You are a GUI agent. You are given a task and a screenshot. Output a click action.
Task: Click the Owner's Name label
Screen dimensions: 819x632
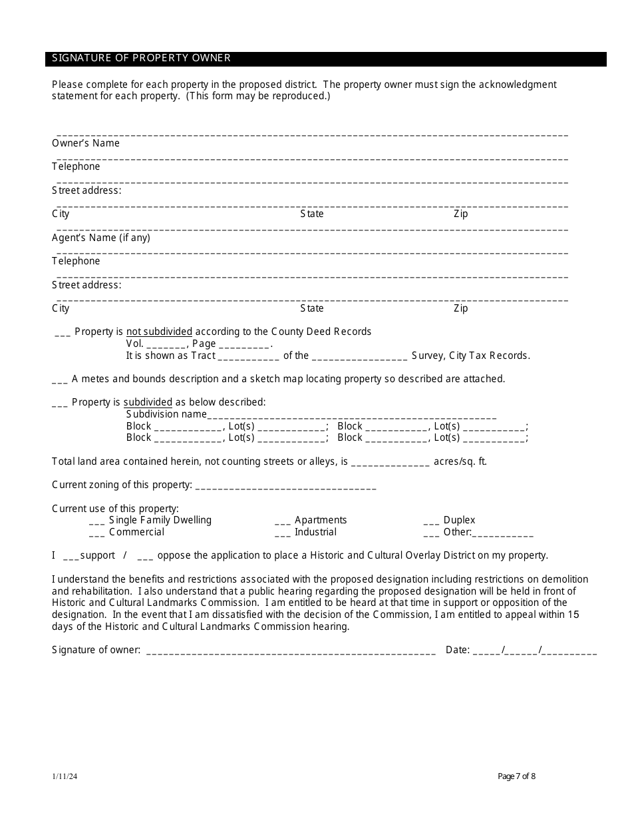coord(86,143)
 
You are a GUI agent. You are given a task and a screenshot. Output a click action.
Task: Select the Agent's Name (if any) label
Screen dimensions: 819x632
coord(101,238)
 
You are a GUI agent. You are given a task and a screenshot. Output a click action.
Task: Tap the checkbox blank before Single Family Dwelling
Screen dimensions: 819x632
coord(96,521)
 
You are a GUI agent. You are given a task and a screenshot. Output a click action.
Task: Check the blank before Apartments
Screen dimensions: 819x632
coord(283,521)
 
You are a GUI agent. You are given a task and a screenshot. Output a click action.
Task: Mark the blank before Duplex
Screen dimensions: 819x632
coord(431,521)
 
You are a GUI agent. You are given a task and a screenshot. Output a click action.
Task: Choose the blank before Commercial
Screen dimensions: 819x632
coord(96,533)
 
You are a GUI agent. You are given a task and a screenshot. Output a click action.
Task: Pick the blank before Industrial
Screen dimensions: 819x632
coord(283,533)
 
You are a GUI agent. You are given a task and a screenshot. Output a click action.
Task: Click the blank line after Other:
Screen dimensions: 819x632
coord(503,534)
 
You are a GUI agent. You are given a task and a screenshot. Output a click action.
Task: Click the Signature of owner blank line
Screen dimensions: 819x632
coord(290,651)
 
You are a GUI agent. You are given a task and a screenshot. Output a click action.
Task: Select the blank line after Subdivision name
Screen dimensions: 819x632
coord(352,415)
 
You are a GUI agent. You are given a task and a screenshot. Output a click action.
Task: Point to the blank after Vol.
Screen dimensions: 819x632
coord(166,345)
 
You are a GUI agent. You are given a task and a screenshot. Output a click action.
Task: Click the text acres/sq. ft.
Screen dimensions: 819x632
coord(460,461)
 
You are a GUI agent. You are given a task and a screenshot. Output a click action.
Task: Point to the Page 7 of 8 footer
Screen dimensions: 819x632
coord(516,776)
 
